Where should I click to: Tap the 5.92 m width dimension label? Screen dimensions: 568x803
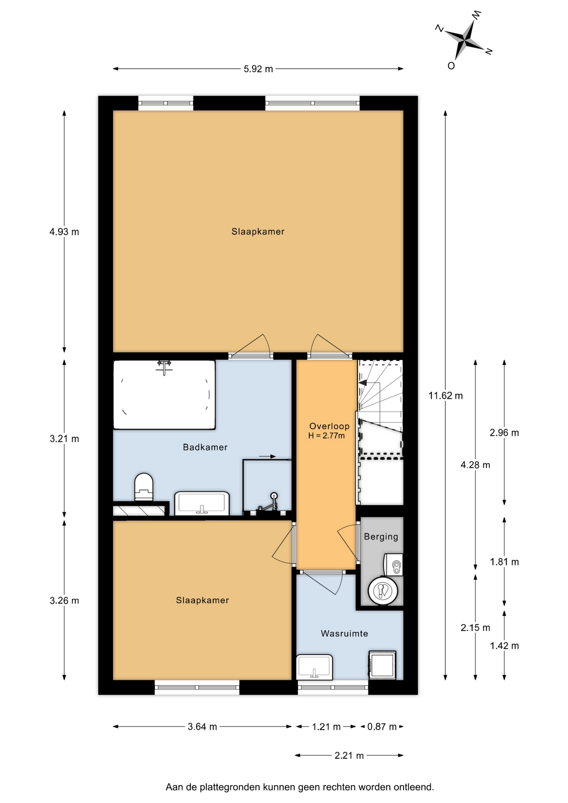pyautogui.click(x=258, y=69)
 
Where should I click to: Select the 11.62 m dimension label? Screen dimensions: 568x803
pyautogui.click(x=445, y=396)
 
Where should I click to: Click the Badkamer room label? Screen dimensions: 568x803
pyautogui.click(x=205, y=447)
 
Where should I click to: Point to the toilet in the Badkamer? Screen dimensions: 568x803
pyautogui.click(x=143, y=487)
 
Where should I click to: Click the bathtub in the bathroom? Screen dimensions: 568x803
pyautogui.click(x=164, y=394)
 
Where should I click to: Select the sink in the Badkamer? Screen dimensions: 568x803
pyautogui.click(x=202, y=503)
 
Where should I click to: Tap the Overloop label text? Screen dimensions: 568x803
pyautogui.click(x=329, y=426)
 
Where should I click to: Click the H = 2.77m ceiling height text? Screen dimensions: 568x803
pyautogui.click(x=326, y=436)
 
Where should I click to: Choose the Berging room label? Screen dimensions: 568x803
pyautogui.click(x=381, y=537)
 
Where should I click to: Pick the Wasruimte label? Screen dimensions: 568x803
pyautogui.click(x=344, y=634)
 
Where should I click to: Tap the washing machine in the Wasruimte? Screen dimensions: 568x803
pyautogui.click(x=382, y=665)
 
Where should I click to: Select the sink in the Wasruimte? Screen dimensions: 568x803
pyautogui.click(x=314, y=667)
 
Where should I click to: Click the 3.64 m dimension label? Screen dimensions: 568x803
pyautogui.click(x=202, y=727)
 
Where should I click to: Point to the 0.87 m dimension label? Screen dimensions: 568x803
pyautogui.click(x=381, y=727)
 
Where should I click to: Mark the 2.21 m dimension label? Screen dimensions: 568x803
pyautogui.click(x=349, y=756)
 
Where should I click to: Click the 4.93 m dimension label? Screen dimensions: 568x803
pyautogui.click(x=64, y=232)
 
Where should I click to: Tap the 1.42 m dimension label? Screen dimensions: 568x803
pyautogui.click(x=504, y=646)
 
